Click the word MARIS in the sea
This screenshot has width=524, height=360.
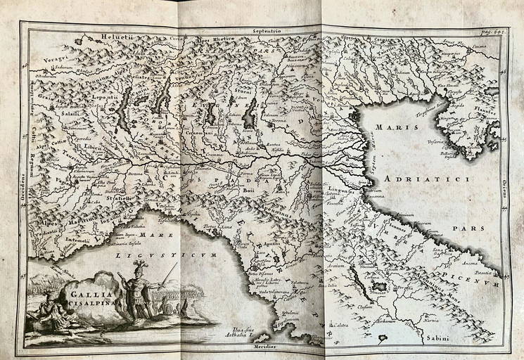click(394, 129)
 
